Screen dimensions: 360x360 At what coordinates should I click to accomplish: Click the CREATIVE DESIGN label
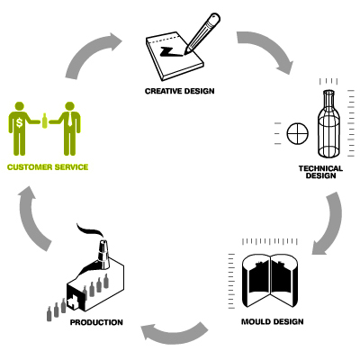(180, 91)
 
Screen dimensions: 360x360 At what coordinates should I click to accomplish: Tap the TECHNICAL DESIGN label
(320, 172)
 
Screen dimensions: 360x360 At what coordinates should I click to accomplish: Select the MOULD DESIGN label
(273, 321)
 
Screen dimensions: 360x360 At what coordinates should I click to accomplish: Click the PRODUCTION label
(96, 322)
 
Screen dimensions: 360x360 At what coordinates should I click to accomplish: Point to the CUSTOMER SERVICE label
(48, 167)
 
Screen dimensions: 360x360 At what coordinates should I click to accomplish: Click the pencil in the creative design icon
(202, 33)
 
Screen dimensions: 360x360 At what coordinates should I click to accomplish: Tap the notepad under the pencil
(175, 57)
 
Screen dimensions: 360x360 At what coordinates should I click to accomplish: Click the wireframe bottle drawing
(328, 123)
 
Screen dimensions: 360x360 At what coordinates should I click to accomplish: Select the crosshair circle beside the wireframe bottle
(298, 133)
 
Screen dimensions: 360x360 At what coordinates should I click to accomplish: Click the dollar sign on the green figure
(20, 122)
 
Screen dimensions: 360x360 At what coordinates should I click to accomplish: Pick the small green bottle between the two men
(45, 121)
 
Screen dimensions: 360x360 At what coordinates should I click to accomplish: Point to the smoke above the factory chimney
(89, 230)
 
